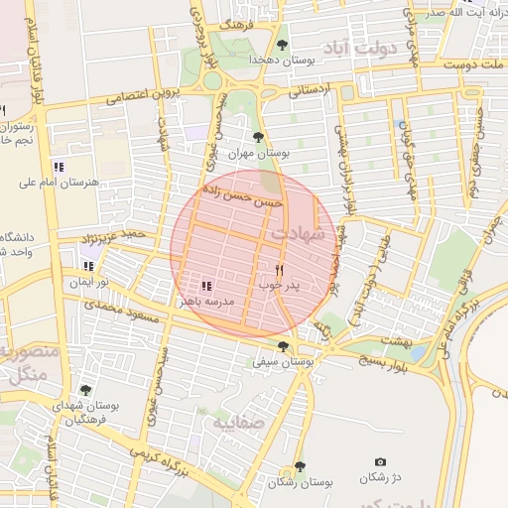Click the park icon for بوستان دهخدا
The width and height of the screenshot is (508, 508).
(283, 45)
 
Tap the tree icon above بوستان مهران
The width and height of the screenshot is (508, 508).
(259, 137)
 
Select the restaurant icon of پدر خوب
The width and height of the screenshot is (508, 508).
(280, 269)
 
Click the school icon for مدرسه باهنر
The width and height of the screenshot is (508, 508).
(206, 286)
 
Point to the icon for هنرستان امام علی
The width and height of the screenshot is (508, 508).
(59, 166)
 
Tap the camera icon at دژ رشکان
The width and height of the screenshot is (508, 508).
(380, 462)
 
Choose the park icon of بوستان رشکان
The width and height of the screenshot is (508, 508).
(300, 466)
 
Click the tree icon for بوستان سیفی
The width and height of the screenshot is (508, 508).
(285, 346)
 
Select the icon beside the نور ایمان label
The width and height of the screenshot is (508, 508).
(88, 265)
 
